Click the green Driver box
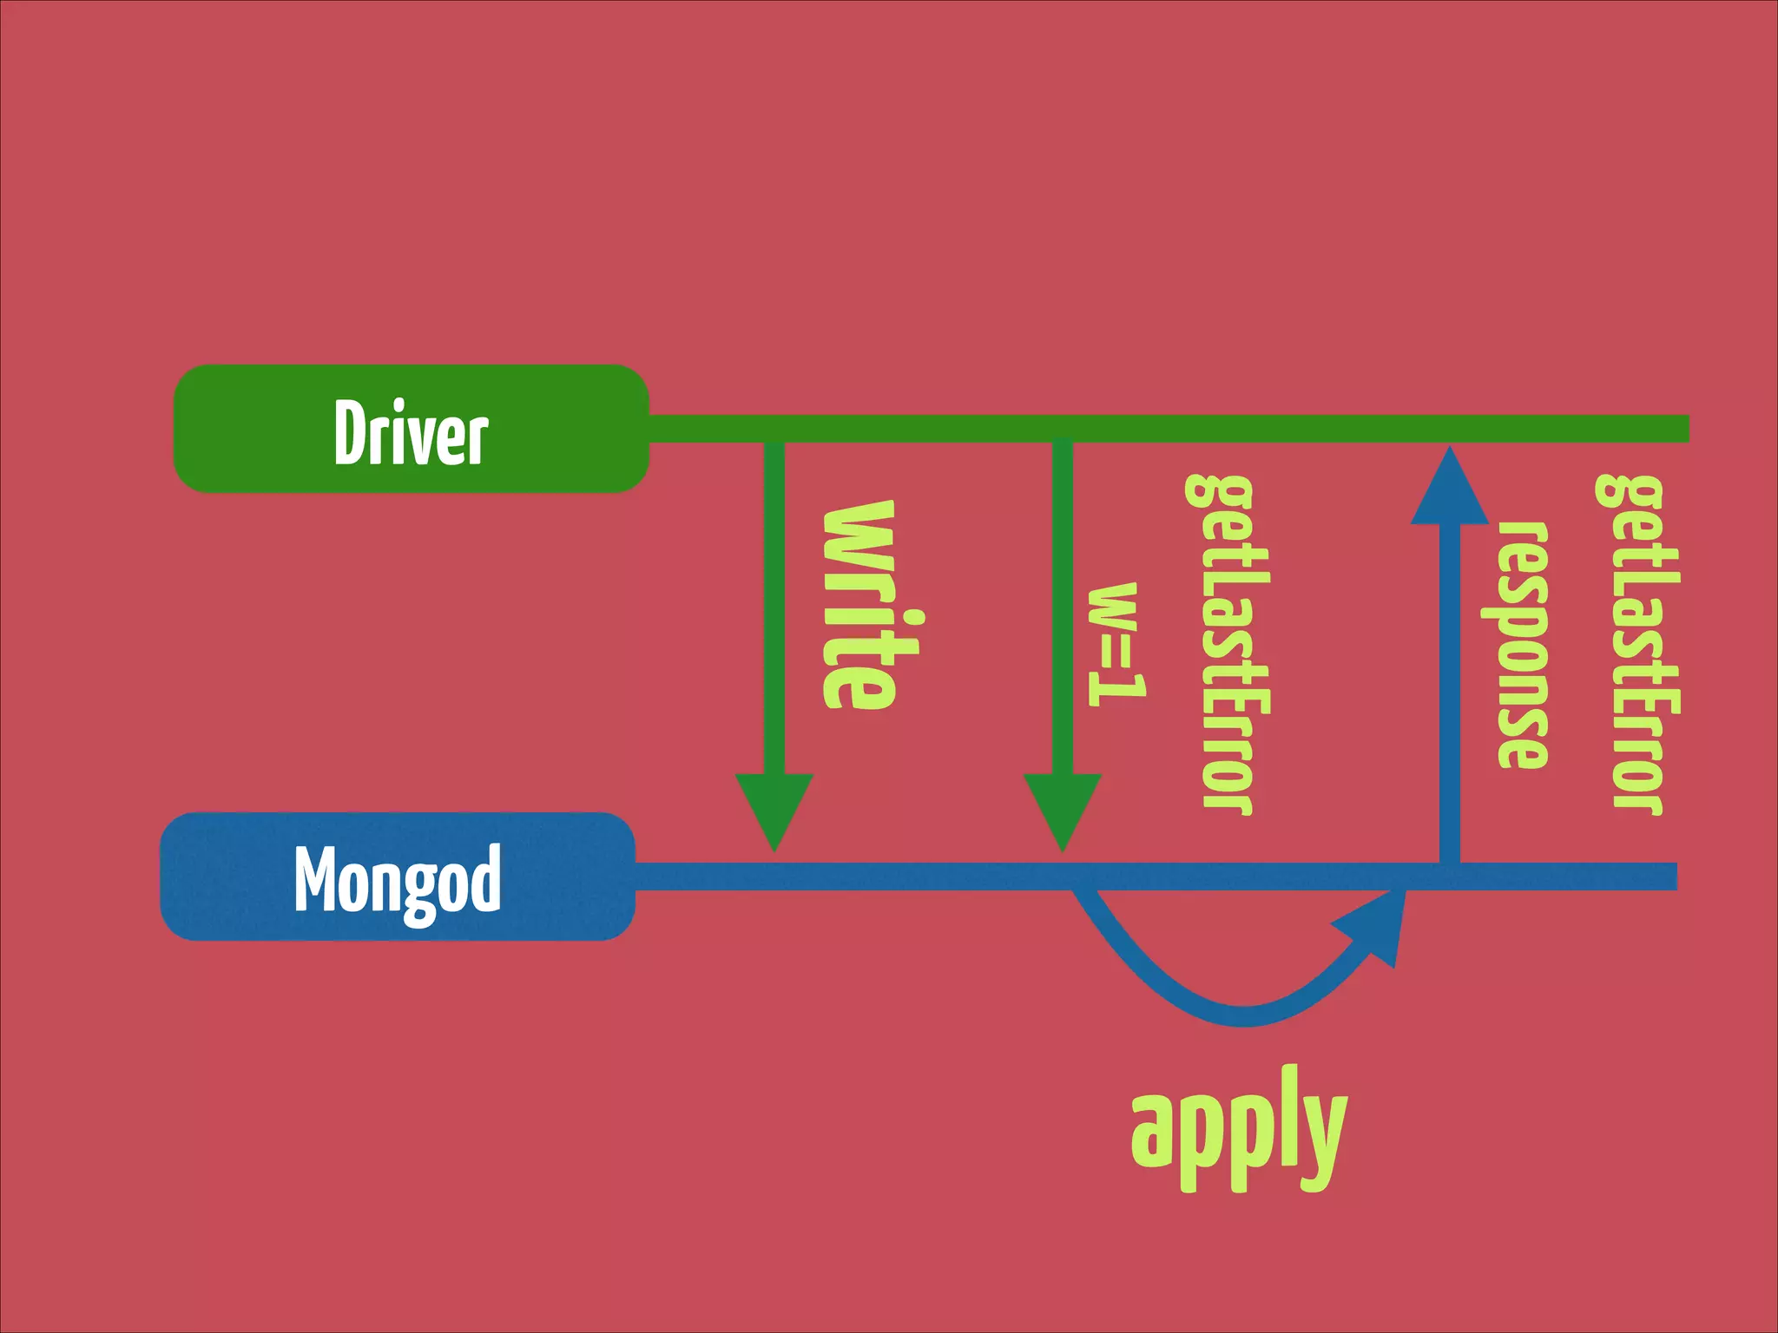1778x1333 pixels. pyautogui.click(x=411, y=429)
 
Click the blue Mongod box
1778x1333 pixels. pyautogui.click(x=398, y=877)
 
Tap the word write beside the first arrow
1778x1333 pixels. pyautogui.click(x=859, y=605)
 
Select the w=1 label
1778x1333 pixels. pyautogui.click(x=1117, y=643)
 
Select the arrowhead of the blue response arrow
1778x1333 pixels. pyautogui.click(x=1449, y=490)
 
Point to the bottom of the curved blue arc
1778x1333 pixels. pyautogui.click(x=1243, y=1015)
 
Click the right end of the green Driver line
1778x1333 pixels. pyautogui.click(x=1680, y=429)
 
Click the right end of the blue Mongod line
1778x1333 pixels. pyautogui.click(x=1669, y=877)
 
